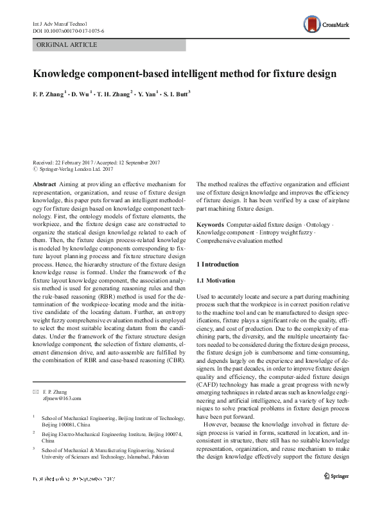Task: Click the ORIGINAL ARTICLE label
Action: point(67,45)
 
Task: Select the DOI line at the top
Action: point(68,30)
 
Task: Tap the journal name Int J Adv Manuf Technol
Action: point(56,22)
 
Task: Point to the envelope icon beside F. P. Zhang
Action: point(35,391)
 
